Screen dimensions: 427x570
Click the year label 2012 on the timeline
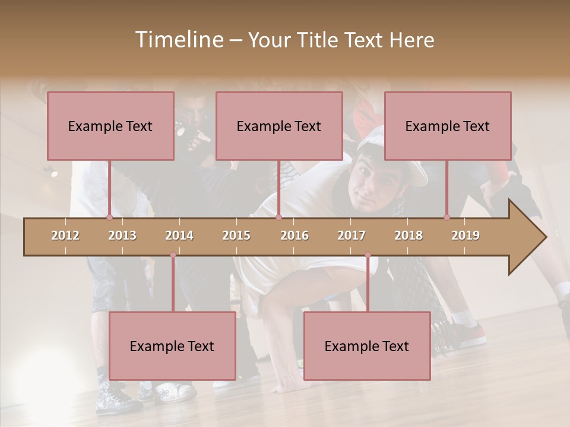point(65,235)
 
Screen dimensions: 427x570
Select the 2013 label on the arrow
point(122,235)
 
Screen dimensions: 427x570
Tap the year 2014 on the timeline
point(179,235)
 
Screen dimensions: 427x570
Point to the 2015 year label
point(236,235)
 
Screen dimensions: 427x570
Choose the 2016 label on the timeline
point(294,235)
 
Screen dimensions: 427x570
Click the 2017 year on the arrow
point(351,235)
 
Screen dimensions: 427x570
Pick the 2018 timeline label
point(408,235)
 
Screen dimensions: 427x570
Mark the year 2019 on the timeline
point(465,235)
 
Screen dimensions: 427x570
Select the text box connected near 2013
point(110,126)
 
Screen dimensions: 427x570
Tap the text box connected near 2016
point(279,126)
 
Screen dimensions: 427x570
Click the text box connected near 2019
point(448,126)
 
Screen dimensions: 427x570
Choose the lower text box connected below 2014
point(172,346)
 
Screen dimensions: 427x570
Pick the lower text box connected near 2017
point(367,346)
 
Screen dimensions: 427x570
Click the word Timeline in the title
point(178,40)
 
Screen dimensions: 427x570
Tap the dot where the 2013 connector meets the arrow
point(109,217)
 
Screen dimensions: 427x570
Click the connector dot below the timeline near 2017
point(368,255)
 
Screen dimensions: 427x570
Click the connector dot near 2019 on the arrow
point(446,217)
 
